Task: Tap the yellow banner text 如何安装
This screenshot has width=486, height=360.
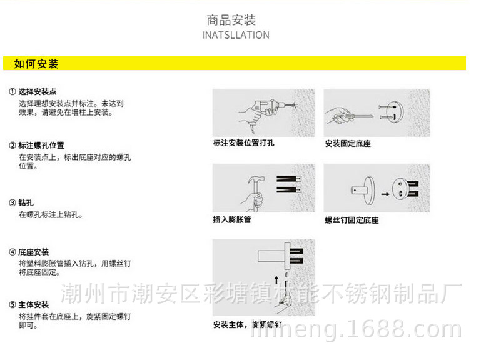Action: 36,64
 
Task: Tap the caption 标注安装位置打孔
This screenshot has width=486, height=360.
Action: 243,143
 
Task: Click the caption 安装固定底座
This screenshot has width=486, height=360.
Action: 348,144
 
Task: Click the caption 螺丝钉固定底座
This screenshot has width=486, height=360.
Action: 352,221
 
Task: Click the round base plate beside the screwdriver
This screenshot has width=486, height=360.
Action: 397,112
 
